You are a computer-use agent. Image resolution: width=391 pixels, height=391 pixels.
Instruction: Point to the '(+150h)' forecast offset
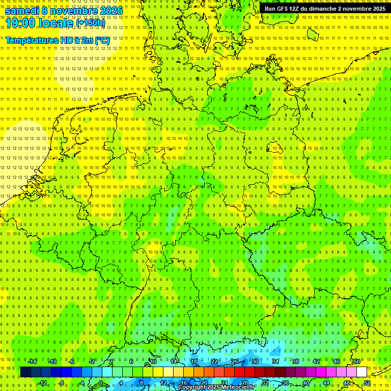[x=90, y=22]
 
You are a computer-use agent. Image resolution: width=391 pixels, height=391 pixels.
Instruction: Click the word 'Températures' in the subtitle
[x=31, y=40]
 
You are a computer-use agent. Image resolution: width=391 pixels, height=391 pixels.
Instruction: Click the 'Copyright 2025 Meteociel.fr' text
[x=216, y=387]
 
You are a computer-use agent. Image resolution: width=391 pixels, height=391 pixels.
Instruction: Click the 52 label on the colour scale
[x=367, y=383]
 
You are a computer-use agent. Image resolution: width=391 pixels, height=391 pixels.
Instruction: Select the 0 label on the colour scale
[x=100, y=383]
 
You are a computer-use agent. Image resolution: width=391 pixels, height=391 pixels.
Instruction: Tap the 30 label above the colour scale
[x=255, y=361]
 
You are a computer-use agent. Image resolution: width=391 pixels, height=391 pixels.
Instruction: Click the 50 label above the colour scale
[x=356, y=361]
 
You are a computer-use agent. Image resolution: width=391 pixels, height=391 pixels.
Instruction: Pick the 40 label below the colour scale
[x=305, y=383]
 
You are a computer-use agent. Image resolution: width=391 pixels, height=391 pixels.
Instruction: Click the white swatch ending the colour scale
[x=361, y=372]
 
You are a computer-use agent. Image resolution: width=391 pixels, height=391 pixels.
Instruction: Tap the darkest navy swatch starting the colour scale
[x=25, y=372]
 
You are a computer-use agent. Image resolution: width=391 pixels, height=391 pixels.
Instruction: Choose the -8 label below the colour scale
[x=61, y=383]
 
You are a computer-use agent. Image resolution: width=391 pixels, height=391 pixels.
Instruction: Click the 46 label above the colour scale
[x=336, y=361]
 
